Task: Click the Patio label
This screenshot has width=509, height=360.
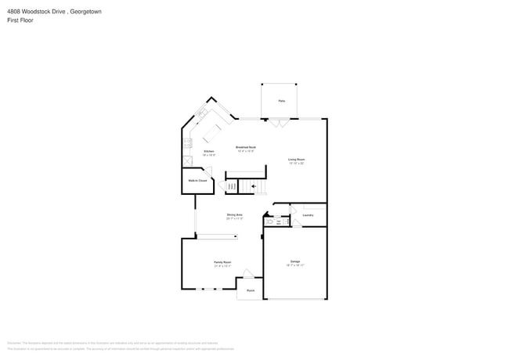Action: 281,101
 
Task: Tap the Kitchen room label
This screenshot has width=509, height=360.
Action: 209,151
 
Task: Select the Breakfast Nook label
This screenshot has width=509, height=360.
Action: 246,147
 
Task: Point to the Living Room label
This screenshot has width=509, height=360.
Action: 296,160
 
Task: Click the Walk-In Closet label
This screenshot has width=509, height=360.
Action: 197,181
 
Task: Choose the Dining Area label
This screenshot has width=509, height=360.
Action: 234,214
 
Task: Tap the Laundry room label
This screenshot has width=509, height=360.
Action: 308,214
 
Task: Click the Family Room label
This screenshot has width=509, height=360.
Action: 223,262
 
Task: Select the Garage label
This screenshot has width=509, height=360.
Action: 295,261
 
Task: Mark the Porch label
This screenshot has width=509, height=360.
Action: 251,290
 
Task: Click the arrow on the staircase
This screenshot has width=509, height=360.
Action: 253,186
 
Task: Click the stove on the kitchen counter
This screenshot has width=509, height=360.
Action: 187,143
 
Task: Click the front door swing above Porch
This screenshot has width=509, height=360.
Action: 247,274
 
